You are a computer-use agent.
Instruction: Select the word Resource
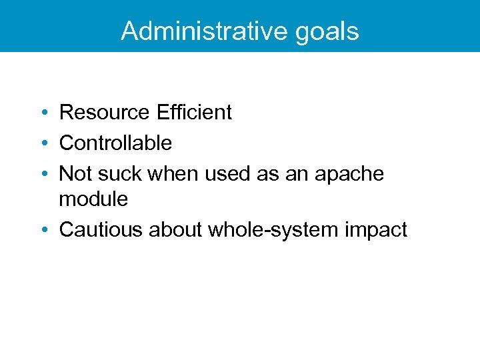[105, 112]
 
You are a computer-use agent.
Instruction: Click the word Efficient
[194, 112]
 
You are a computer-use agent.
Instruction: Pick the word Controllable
[115, 143]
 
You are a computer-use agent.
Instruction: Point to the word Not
[75, 173]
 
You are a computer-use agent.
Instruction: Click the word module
[93, 198]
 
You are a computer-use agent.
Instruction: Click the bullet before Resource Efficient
[43, 113]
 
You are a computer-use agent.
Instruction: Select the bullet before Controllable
[43, 143]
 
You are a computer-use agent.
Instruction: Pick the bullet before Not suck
[43, 174]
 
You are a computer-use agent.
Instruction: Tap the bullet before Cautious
[43, 230]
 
